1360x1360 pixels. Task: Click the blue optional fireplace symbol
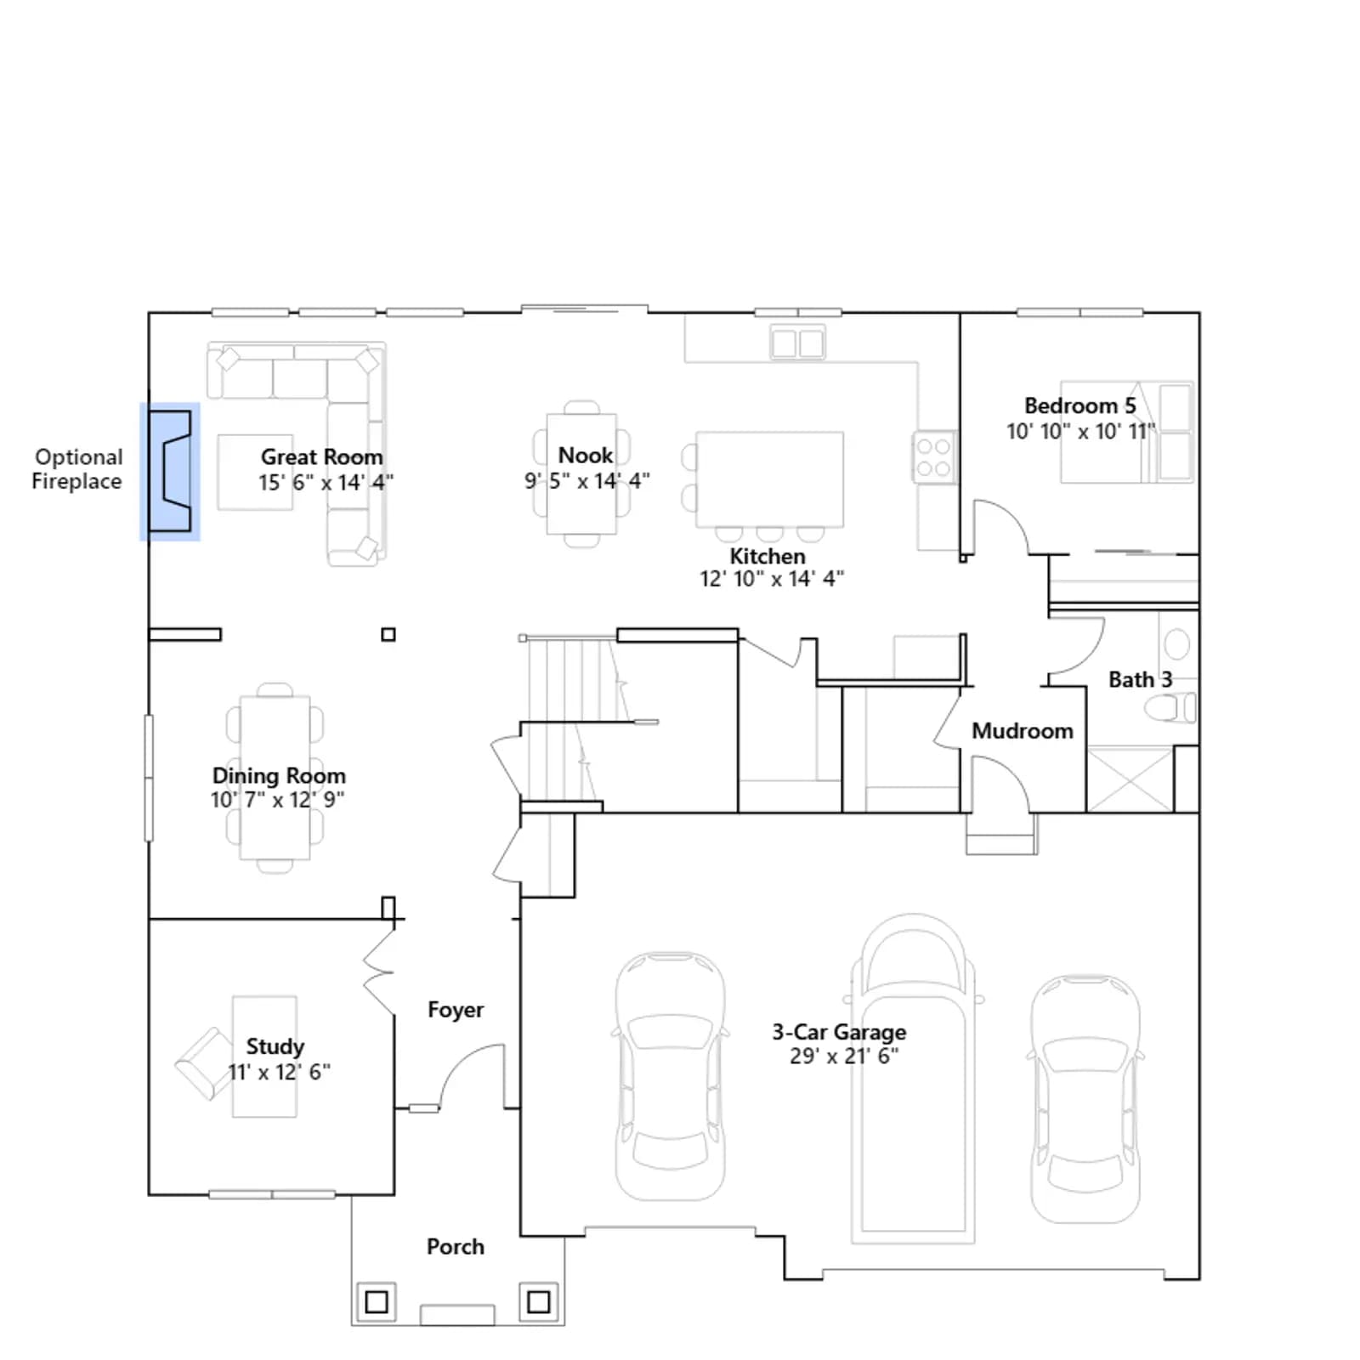[x=170, y=471]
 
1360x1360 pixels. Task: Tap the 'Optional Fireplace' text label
[x=77, y=469]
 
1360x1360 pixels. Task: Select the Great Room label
[x=322, y=457]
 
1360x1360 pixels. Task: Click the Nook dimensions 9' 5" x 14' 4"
[x=587, y=481]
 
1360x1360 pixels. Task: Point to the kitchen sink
[x=797, y=343]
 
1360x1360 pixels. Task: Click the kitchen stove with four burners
[x=933, y=457]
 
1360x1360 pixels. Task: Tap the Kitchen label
[x=768, y=557]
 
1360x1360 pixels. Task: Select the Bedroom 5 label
[x=1080, y=406]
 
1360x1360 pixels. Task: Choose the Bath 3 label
[x=1141, y=680]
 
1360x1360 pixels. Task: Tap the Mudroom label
[x=1023, y=731]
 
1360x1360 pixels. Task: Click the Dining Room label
[x=279, y=776]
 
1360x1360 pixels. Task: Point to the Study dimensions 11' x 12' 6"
[x=279, y=1072]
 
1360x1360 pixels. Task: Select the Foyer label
[x=456, y=1010]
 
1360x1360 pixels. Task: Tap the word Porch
[x=456, y=1247]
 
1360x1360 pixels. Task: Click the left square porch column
[x=377, y=1301]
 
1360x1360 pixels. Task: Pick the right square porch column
[x=539, y=1301]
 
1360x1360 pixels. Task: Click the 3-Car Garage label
[x=839, y=1032]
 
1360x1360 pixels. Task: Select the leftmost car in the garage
[x=671, y=1075]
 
